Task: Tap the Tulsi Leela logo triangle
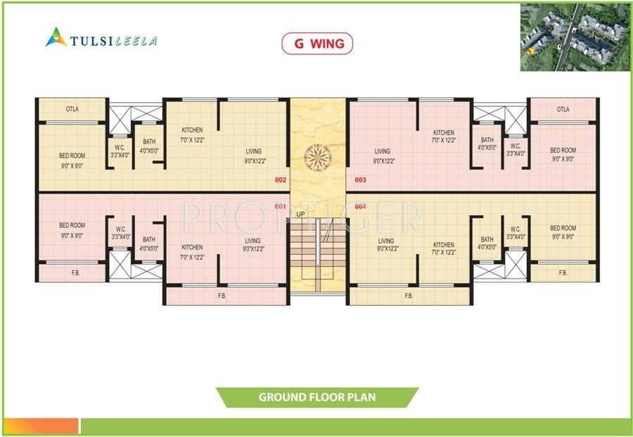(56, 37)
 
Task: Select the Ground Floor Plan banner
(317, 397)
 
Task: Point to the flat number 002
(280, 180)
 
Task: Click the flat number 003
(361, 180)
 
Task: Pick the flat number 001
(280, 206)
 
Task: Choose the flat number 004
(361, 206)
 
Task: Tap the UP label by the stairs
(300, 214)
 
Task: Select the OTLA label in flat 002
(72, 109)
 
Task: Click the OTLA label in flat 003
(563, 109)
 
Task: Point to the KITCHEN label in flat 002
(192, 130)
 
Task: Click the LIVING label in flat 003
(383, 151)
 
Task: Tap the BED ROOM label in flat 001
(71, 226)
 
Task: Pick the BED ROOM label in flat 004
(563, 228)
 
